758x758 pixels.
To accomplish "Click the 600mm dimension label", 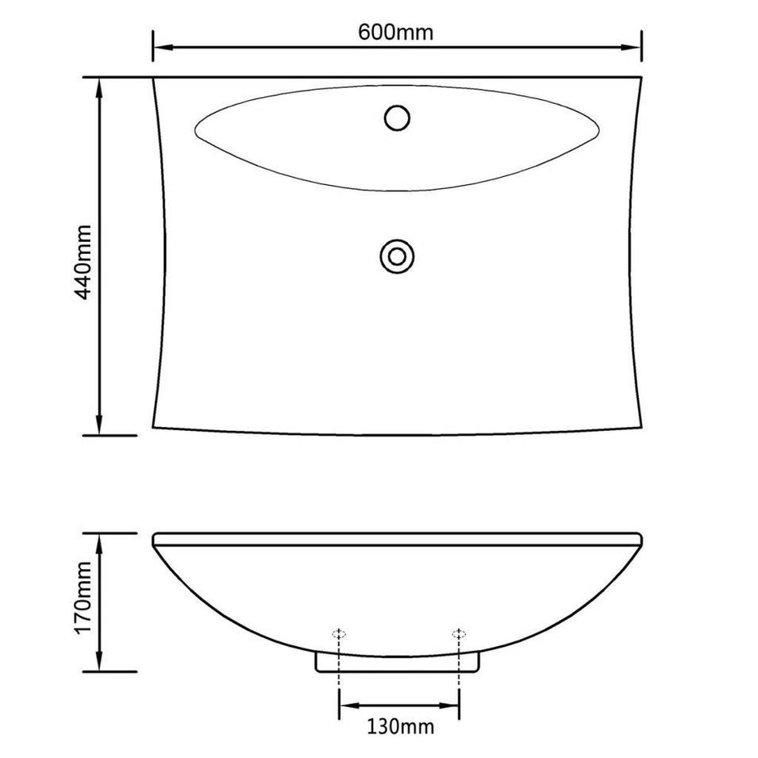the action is point(395,33).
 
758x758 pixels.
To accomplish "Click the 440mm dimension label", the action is point(83,262).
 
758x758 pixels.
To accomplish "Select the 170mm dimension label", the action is point(83,598).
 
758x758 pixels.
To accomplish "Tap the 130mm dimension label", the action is point(400,726).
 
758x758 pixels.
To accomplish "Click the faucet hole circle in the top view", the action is point(398,117).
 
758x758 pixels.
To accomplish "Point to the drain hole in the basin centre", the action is point(397,256).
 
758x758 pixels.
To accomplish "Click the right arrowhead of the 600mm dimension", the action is point(631,48).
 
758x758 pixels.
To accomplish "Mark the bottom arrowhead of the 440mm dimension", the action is point(99,425).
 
